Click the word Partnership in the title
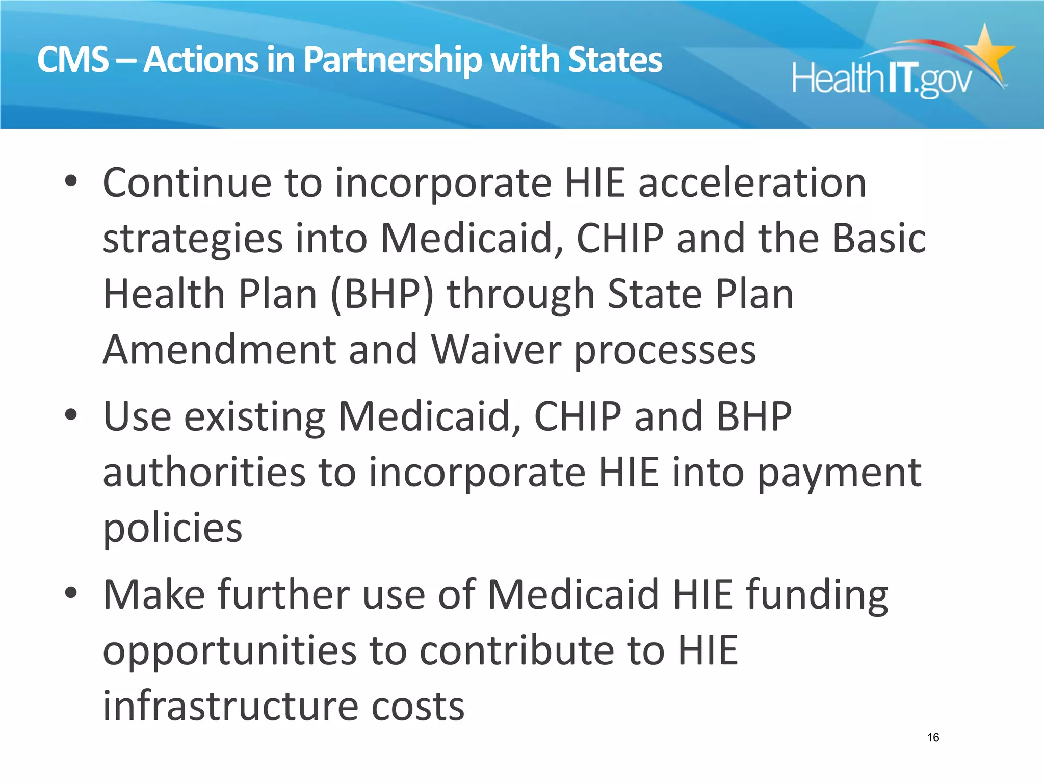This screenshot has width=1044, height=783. pyautogui.click(x=393, y=60)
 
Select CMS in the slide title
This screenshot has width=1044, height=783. pyautogui.click(x=73, y=60)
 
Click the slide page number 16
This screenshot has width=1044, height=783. pyautogui.click(x=933, y=737)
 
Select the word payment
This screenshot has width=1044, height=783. pyautogui.click(x=839, y=473)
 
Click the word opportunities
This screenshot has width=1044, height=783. pyautogui.click(x=229, y=651)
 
